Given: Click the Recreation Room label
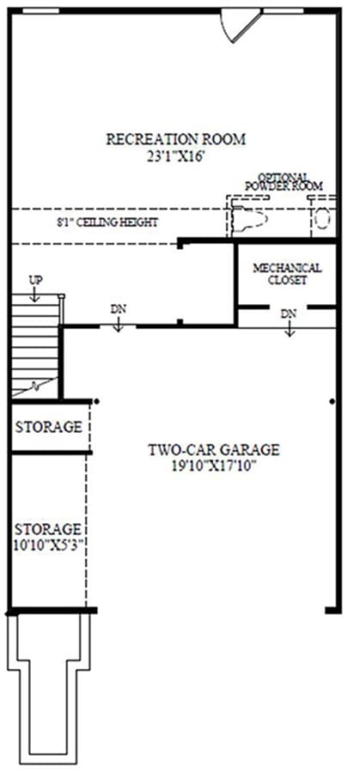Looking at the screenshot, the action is point(175,139).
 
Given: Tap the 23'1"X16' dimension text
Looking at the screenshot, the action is point(175,158).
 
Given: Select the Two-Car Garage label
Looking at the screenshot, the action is point(214,450).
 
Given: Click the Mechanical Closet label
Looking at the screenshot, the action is point(288,274).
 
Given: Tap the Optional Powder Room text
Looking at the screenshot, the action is point(284,181).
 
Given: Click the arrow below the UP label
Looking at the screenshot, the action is point(34,295).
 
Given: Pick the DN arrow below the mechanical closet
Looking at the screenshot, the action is point(290,329).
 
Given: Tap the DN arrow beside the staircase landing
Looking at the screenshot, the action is point(118,325).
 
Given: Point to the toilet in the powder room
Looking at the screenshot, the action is point(322,217).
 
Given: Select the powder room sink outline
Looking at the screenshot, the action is point(250,219).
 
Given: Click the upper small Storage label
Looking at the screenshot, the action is point(48,427).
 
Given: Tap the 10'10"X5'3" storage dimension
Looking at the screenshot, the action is point(48,545).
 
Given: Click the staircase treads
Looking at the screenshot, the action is point(34,345).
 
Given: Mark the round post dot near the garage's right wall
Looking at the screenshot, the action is point(333,402).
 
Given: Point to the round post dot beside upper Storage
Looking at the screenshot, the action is point(96,402).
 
